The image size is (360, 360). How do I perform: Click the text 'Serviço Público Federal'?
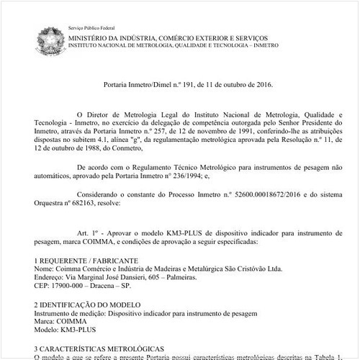point(92,26)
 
